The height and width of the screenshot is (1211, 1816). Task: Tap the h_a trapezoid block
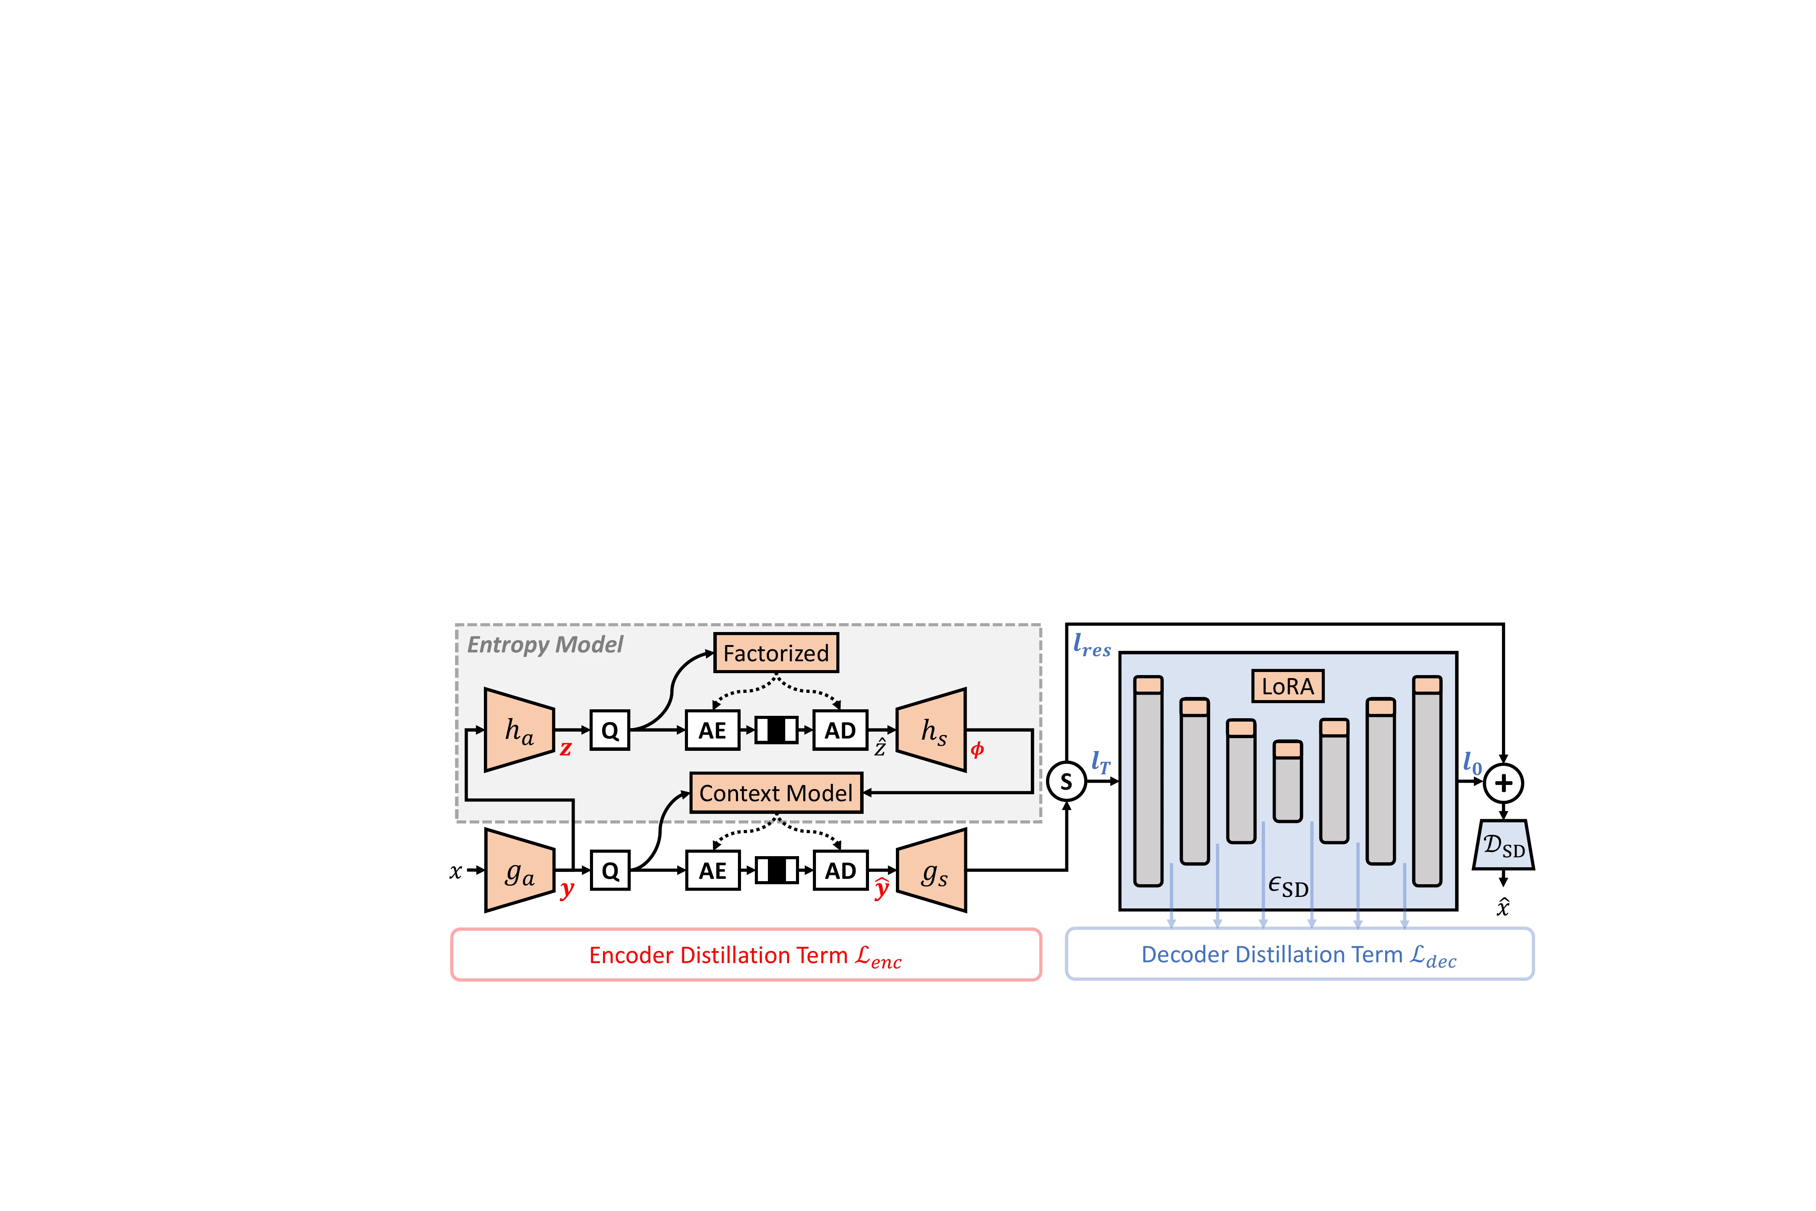coord(519,730)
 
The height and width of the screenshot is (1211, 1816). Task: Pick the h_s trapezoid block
coord(931,730)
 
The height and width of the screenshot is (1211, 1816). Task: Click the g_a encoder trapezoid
coord(519,870)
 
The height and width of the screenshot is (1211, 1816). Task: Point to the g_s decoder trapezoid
coord(931,870)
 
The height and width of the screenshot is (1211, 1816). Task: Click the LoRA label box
coord(1287,686)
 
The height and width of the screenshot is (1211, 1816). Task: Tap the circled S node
coord(1066,782)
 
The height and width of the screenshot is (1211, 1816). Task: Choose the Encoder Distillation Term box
coord(746,955)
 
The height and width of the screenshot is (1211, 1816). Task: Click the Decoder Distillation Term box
coord(1299,955)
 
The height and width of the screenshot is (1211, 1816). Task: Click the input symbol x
coord(455,871)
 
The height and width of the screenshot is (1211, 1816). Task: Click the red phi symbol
coord(977,749)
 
